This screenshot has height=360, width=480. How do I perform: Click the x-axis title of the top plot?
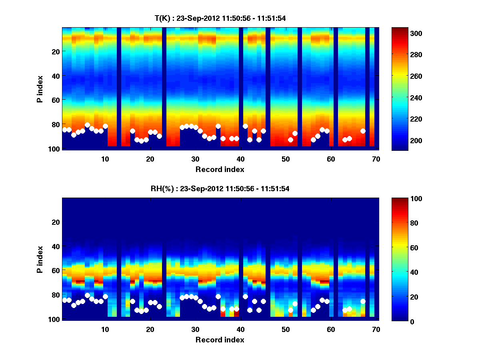pyautogui.click(x=220, y=169)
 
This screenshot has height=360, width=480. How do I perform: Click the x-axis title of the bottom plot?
pyautogui.click(x=220, y=340)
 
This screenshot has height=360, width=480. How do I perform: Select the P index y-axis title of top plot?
pyautogui.click(x=40, y=88)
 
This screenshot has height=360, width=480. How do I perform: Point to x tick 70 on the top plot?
pyautogui.click(x=376, y=159)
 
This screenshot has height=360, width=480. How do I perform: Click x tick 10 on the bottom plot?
pyautogui.click(x=105, y=330)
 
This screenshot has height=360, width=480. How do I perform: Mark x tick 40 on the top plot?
pyautogui.click(x=240, y=159)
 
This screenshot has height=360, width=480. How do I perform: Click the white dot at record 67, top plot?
pyautogui.click(x=363, y=131)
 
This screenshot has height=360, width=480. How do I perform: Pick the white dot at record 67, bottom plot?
pyautogui.click(x=363, y=301)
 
